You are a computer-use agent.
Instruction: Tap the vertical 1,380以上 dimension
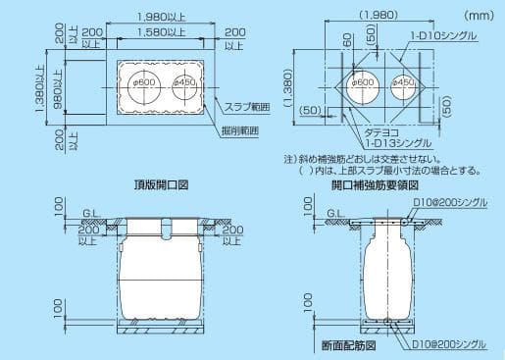click(x=40, y=88)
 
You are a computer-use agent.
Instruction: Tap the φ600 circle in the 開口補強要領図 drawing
click(x=364, y=84)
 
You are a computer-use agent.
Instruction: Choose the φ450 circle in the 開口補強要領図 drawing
click(x=405, y=84)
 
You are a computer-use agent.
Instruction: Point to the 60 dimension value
click(x=348, y=41)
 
